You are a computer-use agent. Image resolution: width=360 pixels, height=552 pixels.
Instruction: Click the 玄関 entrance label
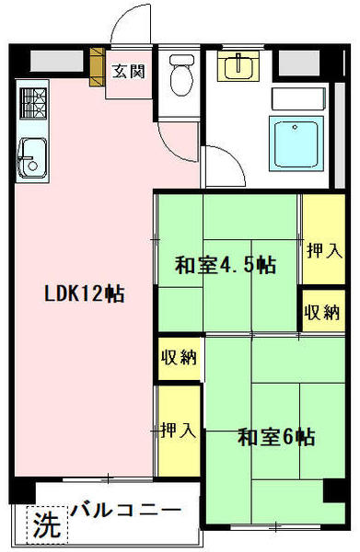click(129, 72)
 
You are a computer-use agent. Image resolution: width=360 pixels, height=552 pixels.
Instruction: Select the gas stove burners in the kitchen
click(33, 103)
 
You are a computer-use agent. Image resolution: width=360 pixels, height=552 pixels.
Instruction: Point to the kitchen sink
click(32, 157)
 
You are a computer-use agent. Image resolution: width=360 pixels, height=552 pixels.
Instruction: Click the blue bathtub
click(296, 144)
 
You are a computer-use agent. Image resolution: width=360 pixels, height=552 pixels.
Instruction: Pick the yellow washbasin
click(238, 66)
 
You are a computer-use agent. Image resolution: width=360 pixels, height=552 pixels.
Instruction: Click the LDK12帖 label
click(84, 293)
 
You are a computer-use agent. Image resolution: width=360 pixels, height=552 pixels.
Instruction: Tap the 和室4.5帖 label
click(226, 266)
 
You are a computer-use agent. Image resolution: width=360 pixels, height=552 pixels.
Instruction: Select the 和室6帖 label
click(276, 437)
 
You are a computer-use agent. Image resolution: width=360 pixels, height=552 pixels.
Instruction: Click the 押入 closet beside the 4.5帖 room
click(324, 250)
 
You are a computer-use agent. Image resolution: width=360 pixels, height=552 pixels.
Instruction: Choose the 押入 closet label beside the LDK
click(178, 431)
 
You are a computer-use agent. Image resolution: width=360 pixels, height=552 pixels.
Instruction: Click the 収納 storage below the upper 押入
click(322, 312)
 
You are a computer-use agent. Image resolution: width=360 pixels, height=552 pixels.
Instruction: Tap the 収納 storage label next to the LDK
click(179, 357)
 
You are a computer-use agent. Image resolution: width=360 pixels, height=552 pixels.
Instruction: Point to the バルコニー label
click(126, 510)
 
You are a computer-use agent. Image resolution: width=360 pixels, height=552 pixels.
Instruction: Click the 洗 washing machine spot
click(47, 523)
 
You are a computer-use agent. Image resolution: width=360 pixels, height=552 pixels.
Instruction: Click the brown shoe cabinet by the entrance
click(98, 67)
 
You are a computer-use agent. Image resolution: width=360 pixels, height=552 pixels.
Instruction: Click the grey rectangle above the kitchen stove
click(57, 62)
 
